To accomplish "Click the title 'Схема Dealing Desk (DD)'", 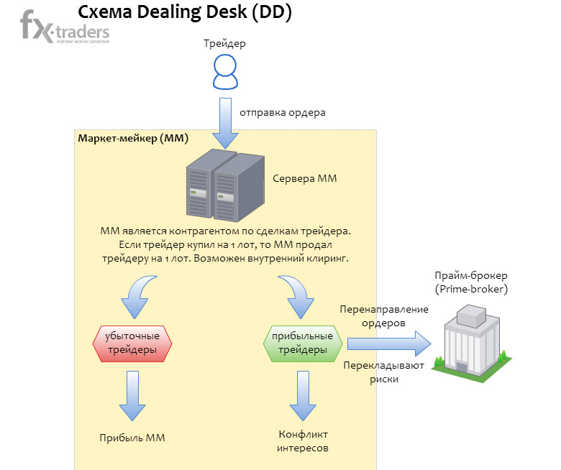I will click(184, 13).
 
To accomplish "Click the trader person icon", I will click(225, 72).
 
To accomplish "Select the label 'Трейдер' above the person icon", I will click(224, 43).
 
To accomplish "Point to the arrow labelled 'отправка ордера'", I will click(225, 121).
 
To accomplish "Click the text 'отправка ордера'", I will click(283, 112).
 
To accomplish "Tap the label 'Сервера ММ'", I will click(305, 178).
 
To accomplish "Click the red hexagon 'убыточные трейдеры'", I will click(133, 344).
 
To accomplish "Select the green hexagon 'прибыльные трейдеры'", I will click(300, 343).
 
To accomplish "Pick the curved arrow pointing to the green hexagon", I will click(298, 296).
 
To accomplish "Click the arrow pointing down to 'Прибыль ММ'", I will click(133, 396).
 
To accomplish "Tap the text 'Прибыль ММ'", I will click(133, 438).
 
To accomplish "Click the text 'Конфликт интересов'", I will click(303, 441).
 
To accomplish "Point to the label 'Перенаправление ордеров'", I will click(383, 316).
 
